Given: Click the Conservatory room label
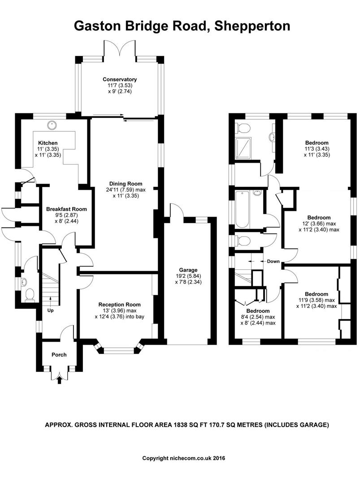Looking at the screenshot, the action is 120,79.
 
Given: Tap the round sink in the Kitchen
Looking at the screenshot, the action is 52,125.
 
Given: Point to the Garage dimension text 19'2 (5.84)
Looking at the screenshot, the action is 188,276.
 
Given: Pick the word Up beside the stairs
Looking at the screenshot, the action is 50,310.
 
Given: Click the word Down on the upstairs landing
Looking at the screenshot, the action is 273,261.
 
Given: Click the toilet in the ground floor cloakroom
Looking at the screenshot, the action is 30,294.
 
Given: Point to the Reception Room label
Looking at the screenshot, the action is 120,305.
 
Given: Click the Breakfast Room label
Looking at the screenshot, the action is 66,209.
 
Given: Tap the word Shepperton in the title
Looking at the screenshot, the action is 252,26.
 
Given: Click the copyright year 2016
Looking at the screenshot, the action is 219,458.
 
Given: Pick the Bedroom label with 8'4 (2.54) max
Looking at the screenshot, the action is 258,311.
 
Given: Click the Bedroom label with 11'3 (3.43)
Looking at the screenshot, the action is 317,143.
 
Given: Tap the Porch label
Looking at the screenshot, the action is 59,354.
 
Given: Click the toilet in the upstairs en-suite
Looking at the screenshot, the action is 242,127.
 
